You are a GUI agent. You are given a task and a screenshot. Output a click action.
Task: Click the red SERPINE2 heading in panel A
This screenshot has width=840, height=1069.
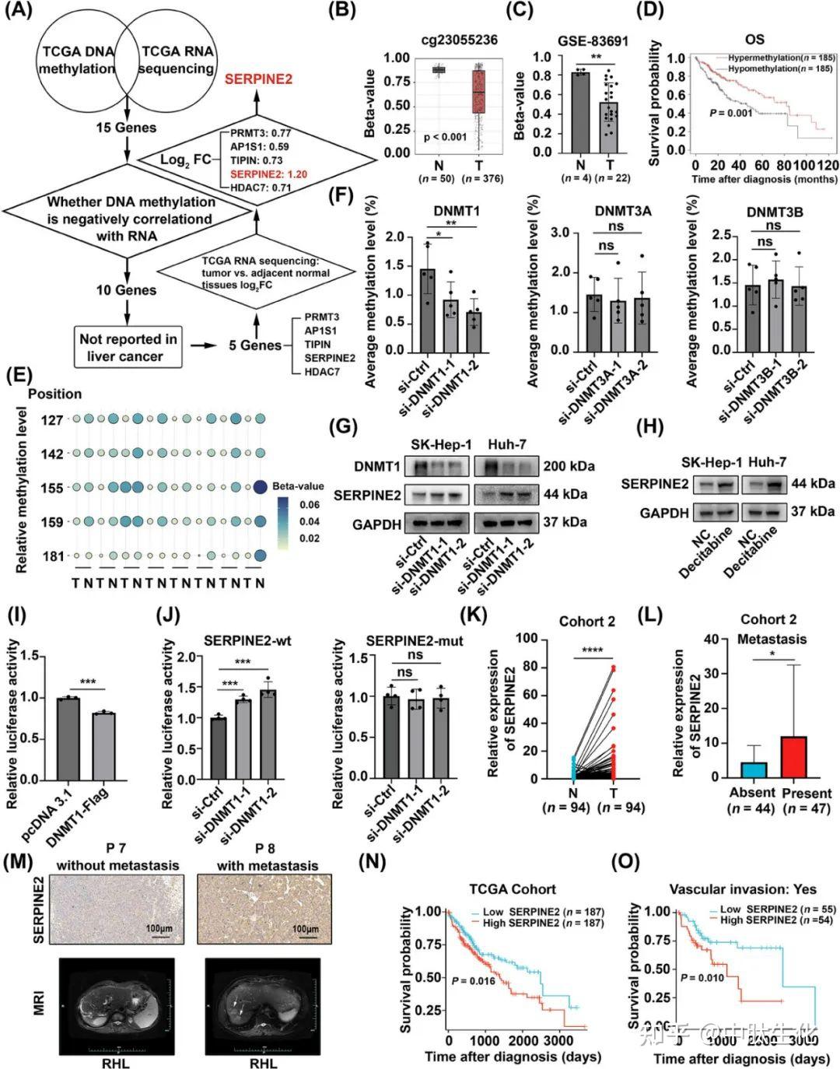click(x=259, y=79)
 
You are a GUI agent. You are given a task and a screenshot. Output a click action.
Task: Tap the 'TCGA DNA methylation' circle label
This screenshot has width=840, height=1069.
click(x=77, y=60)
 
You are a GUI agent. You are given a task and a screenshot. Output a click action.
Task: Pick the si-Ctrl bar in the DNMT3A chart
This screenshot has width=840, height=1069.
click(x=594, y=322)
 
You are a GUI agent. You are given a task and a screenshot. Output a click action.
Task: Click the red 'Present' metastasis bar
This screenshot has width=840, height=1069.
click(x=794, y=756)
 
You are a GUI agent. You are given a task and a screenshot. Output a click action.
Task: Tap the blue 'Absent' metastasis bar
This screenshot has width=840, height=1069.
click(x=754, y=769)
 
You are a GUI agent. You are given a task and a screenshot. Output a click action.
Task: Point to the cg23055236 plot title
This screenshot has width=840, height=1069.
click(x=460, y=40)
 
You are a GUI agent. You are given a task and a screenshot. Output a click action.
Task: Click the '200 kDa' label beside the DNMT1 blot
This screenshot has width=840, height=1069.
click(x=569, y=466)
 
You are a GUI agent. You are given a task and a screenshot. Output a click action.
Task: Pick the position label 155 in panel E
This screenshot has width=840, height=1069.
click(x=52, y=489)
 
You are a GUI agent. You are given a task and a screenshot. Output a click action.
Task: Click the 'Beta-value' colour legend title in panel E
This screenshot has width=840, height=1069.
click(x=298, y=486)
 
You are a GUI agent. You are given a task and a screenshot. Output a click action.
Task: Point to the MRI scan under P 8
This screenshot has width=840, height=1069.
click(x=263, y=1005)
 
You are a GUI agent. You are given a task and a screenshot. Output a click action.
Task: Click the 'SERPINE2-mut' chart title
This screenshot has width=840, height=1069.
click(x=415, y=640)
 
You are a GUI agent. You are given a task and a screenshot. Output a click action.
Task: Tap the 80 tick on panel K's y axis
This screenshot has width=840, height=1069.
click(x=530, y=667)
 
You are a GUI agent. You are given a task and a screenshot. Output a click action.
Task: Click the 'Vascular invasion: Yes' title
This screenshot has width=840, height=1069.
click(x=743, y=889)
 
